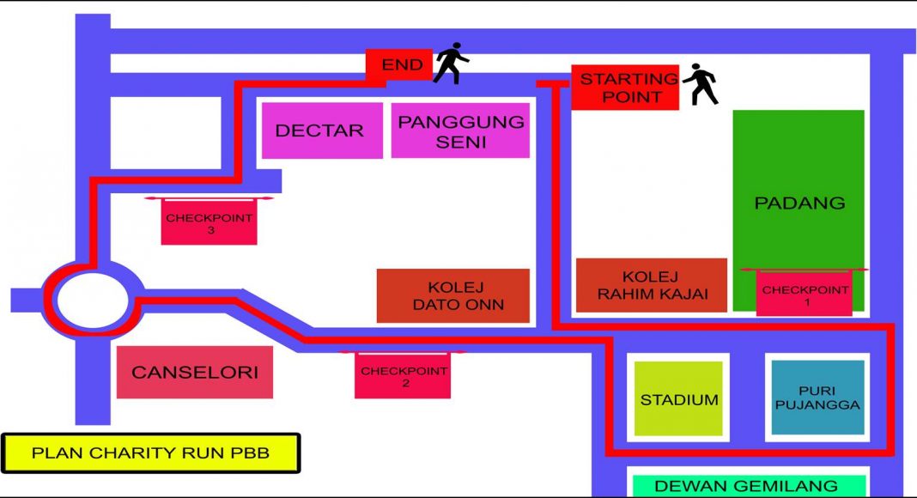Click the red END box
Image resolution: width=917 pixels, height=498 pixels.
[x=399, y=64]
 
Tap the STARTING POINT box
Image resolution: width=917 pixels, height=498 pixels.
[x=625, y=87]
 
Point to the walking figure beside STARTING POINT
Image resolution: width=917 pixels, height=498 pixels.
[x=700, y=84]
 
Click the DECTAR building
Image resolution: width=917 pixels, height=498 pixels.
[x=322, y=131]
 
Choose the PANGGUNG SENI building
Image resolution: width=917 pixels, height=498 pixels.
[x=460, y=131]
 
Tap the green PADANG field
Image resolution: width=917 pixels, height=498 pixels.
[x=799, y=210]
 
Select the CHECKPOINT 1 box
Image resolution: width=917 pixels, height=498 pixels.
[x=805, y=293]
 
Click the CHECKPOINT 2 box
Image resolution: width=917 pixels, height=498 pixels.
[x=403, y=376]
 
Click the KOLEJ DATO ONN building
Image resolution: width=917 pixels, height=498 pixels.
[x=453, y=295]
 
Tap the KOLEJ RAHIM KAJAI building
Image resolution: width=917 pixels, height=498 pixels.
[x=652, y=285]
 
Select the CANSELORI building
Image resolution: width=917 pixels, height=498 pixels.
[x=195, y=373]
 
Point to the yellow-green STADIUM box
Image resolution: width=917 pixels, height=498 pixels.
[x=678, y=398]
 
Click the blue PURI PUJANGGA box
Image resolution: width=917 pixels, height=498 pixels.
[x=817, y=398]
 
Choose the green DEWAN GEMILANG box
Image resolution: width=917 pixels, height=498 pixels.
[x=750, y=486]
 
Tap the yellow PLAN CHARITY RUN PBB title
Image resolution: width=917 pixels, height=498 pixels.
[x=151, y=453]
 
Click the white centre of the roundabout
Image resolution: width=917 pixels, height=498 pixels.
[x=93, y=301]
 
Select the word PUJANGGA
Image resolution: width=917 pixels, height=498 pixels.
[x=817, y=404]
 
